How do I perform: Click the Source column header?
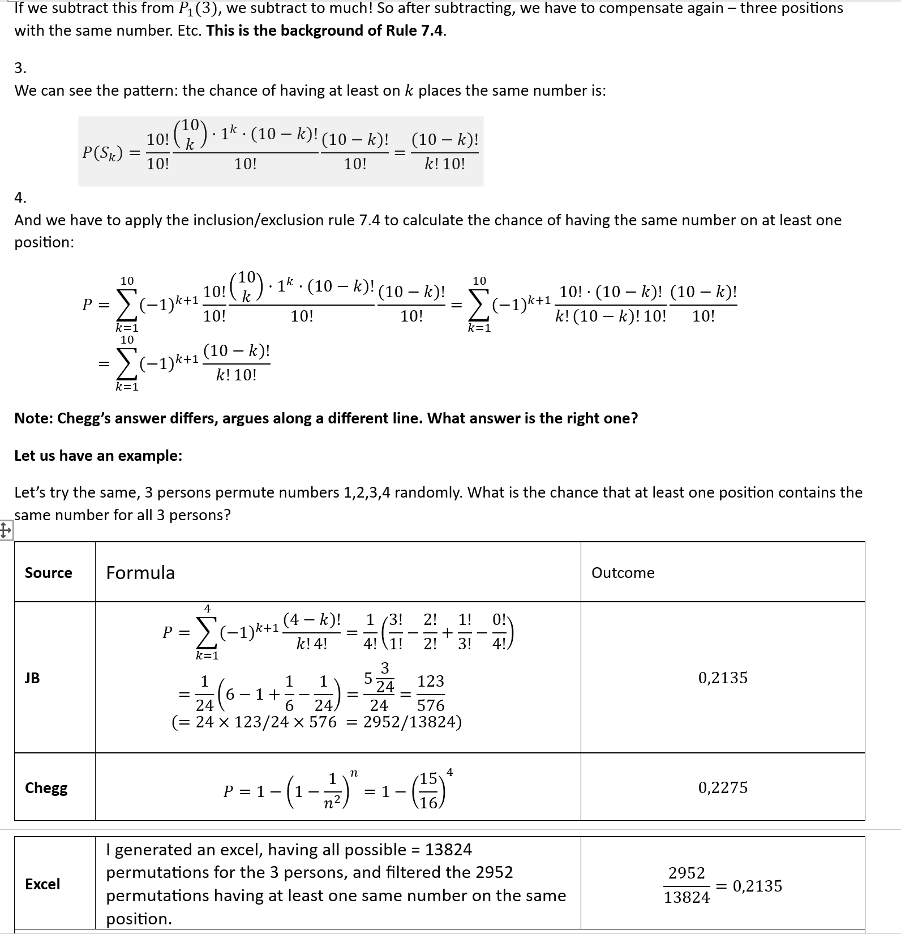(49, 573)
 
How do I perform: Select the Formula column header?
(140, 573)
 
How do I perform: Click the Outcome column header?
(623, 573)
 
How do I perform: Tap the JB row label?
(32, 678)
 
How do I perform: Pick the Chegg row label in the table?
(46, 788)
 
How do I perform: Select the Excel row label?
(42, 884)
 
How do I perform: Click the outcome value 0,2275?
(723, 788)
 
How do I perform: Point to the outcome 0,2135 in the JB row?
(723, 678)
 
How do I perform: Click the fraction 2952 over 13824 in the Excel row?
(687, 885)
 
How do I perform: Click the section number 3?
(20, 68)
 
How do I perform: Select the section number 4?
(20, 198)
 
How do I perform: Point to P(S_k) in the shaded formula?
(102, 153)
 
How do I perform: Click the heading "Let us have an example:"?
(98, 456)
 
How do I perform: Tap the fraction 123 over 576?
(431, 693)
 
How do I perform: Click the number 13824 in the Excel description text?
(448, 850)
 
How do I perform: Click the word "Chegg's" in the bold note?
(84, 419)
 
